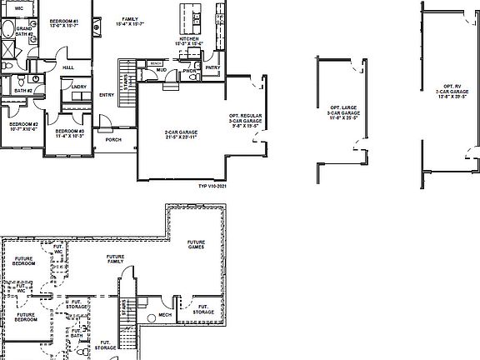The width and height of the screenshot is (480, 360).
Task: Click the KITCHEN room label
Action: (188, 40)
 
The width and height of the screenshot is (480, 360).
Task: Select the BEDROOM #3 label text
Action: (70, 133)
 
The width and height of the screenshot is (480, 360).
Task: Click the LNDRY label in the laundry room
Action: (79, 86)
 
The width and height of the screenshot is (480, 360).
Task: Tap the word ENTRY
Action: (107, 94)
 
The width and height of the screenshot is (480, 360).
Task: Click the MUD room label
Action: (162, 71)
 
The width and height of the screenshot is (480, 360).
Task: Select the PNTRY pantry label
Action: (212, 67)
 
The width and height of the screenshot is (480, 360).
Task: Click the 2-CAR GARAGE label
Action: (180, 134)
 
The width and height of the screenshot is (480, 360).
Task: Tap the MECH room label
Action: (165, 315)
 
